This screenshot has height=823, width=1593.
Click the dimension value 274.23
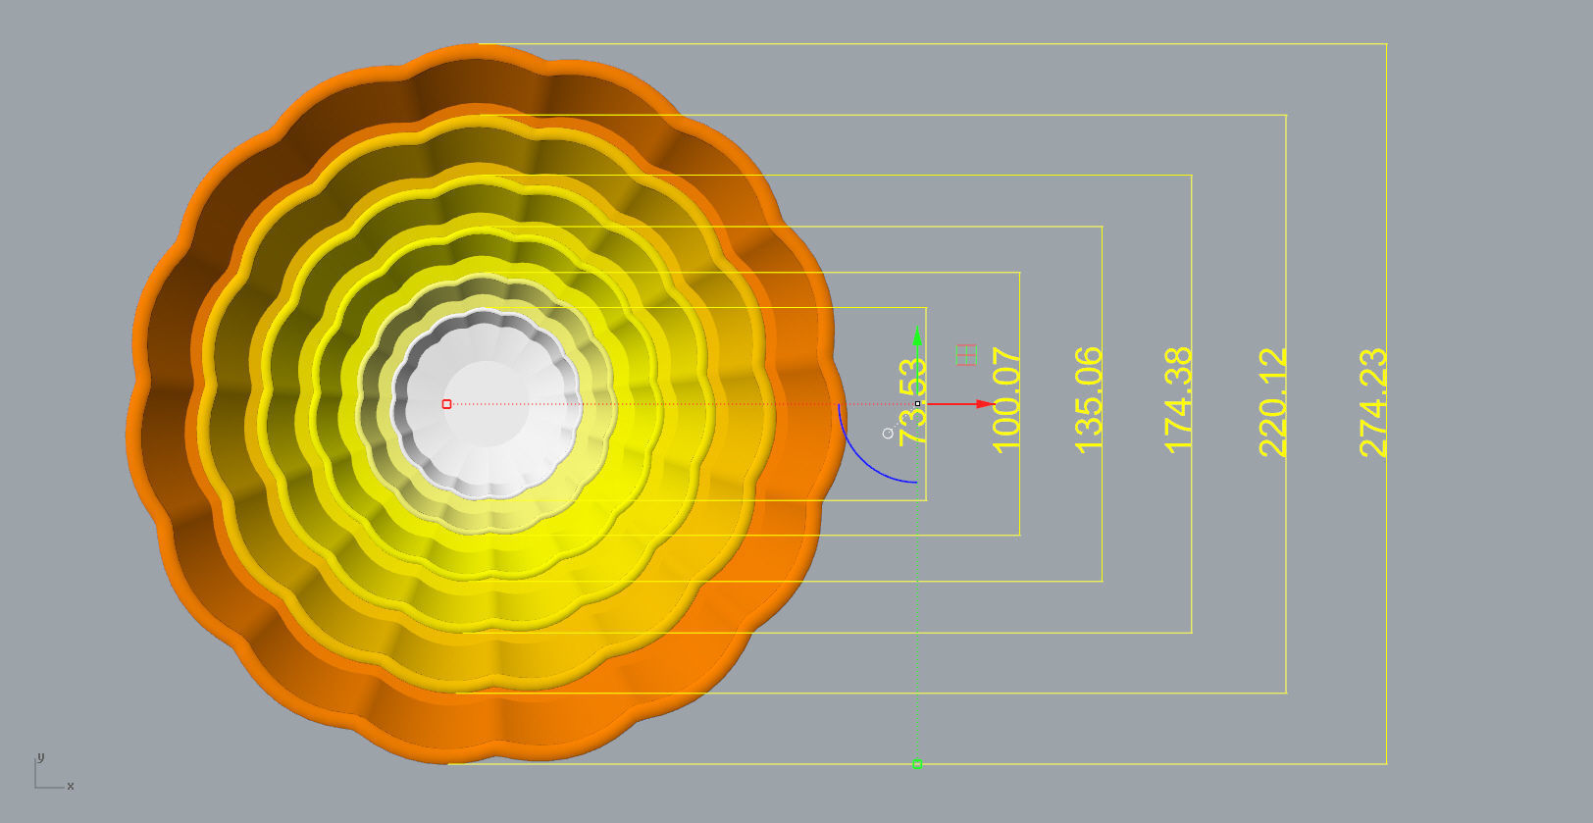pos(1373,402)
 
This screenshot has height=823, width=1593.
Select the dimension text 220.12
pos(1272,402)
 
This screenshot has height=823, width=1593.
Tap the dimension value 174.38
pos(1178,400)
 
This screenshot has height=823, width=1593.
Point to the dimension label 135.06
pos(1089,400)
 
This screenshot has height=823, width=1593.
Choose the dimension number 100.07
pos(1006,400)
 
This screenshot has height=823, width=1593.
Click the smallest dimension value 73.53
pos(913,402)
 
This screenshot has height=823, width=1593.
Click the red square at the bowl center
pos(446,404)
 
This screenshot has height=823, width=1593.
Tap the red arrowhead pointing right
pos(986,404)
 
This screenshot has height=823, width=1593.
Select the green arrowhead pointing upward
pos(917,337)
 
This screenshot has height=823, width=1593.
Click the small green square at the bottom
pos(917,763)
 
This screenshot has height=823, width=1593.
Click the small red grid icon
pos(966,355)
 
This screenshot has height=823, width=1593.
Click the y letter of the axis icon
pos(40,757)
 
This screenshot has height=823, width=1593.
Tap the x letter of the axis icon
pos(71,786)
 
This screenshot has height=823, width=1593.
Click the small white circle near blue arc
pos(888,433)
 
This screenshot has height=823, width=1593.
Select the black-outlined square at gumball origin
pos(917,404)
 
